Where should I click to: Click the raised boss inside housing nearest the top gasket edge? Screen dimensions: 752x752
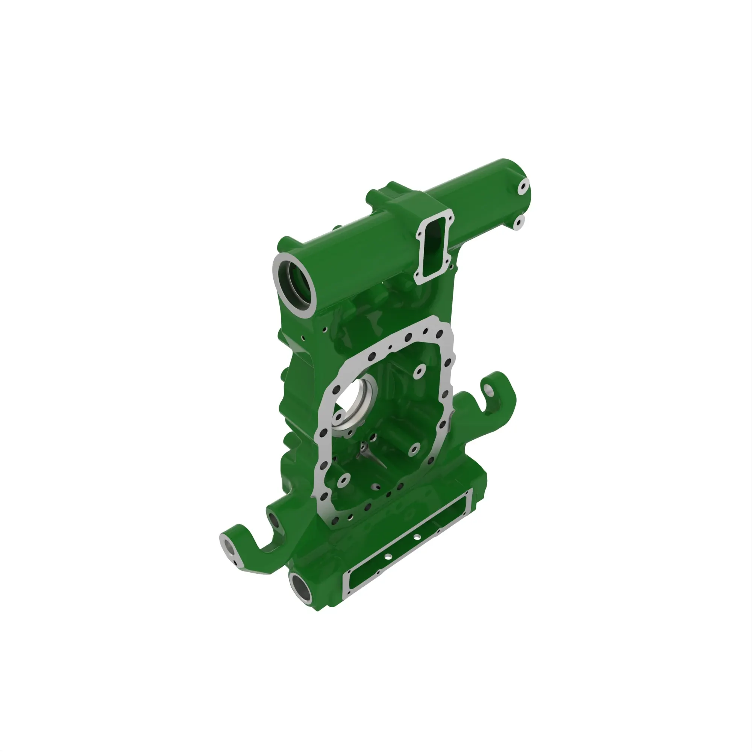pyautogui.click(x=418, y=371)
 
